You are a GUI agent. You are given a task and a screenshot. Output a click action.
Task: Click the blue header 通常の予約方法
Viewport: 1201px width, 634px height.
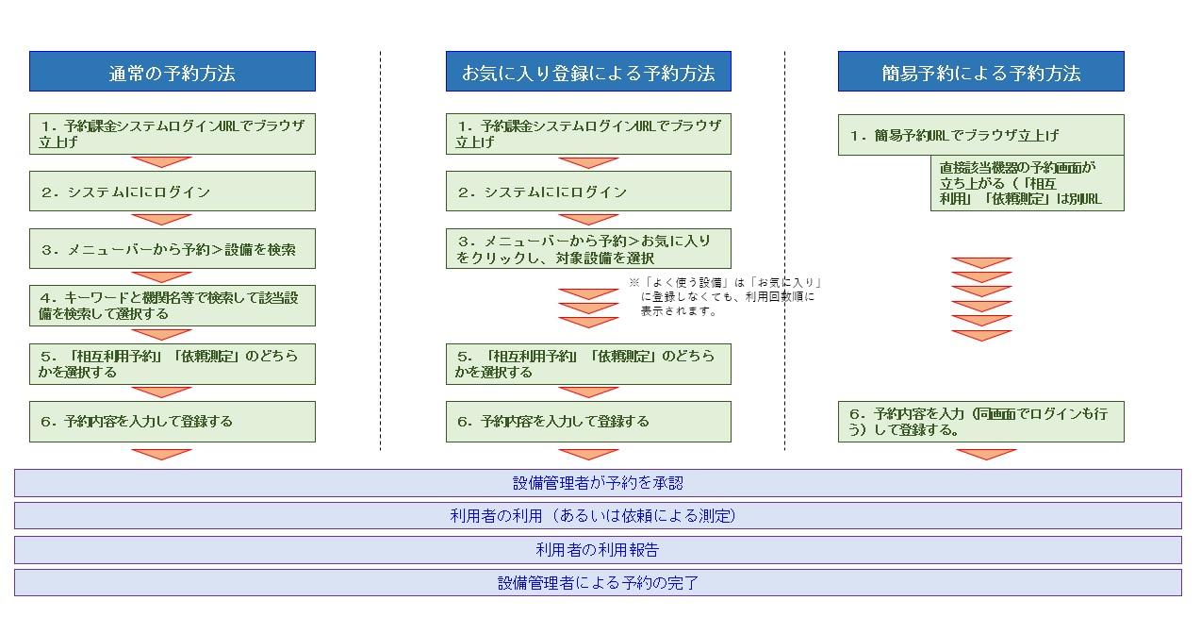pyautogui.click(x=172, y=72)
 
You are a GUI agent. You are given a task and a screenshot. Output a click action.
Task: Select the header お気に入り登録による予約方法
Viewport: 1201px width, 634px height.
pyautogui.click(x=588, y=72)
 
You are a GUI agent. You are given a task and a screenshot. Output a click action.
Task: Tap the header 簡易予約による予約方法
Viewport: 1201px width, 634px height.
pyautogui.click(x=980, y=72)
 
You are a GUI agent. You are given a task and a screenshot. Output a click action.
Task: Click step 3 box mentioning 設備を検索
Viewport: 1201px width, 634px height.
pyautogui.click(x=172, y=250)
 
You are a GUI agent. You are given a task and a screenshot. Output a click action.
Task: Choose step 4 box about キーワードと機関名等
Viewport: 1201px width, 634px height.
pyautogui.click(x=172, y=306)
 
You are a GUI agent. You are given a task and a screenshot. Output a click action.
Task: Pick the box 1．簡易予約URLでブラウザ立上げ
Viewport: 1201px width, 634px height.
pyautogui.click(x=980, y=135)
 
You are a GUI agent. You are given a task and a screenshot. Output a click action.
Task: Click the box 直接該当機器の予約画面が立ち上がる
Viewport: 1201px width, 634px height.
pyautogui.click(x=1027, y=183)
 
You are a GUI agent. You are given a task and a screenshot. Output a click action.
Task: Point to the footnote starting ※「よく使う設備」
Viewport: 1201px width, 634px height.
pyautogui.click(x=726, y=296)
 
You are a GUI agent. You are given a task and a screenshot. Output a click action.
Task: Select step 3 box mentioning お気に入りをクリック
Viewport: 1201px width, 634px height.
pyautogui.click(x=588, y=249)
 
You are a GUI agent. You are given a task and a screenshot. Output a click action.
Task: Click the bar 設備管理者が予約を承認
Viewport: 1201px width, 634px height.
pyautogui.click(x=598, y=483)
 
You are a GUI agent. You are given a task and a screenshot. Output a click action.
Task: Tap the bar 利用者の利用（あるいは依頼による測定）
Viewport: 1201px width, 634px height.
pyautogui.click(x=598, y=516)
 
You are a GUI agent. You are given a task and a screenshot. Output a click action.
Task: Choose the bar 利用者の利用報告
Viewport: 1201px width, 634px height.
pyautogui.click(x=598, y=550)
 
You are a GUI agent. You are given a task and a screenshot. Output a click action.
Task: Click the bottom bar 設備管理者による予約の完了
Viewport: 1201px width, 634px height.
pyautogui.click(x=598, y=583)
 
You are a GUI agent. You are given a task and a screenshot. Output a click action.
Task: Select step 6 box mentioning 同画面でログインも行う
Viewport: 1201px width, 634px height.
pyautogui.click(x=980, y=422)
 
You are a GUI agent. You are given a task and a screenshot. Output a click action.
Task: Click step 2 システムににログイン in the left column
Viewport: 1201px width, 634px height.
pyautogui.click(x=172, y=192)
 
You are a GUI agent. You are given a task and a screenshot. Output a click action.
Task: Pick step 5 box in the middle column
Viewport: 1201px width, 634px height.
pyautogui.click(x=588, y=364)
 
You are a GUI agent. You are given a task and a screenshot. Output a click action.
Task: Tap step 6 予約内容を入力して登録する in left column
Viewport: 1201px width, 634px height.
pyautogui.click(x=172, y=422)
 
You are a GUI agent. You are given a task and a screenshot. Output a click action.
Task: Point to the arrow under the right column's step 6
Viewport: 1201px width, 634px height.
pyautogui.click(x=986, y=454)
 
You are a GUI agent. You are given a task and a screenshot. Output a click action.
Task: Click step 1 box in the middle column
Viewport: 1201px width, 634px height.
pyautogui.click(x=588, y=134)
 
